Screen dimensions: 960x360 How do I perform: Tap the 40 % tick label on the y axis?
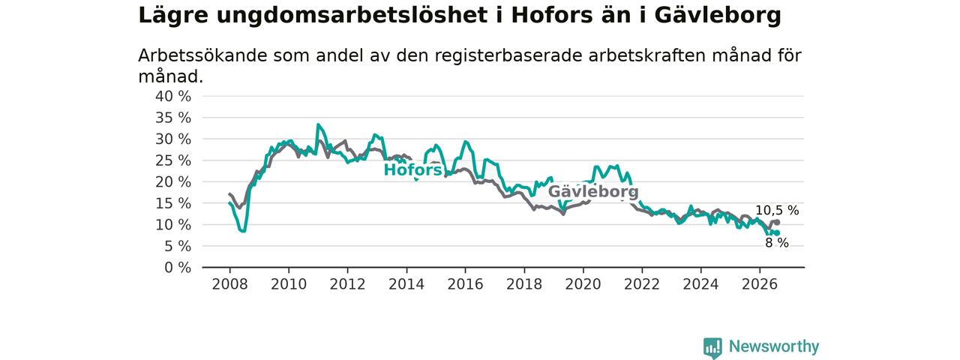click(x=173, y=97)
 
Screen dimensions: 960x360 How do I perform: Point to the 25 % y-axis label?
click(x=173, y=160)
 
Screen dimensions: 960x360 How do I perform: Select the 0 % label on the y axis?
click(x=178, y=268)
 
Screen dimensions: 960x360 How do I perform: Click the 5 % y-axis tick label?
click(x=178, y=246)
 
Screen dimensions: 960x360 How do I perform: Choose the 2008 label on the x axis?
click(x=229, y=284)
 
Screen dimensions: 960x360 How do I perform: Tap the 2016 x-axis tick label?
click(x=466, y=284)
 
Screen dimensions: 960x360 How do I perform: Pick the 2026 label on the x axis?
click(x=760, y=284)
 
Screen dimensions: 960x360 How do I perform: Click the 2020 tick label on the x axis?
click(x=583, y=284)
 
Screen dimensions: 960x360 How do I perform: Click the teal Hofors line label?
click(x=412, y=169)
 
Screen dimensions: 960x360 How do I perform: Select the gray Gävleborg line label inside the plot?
click(x=593, y=191)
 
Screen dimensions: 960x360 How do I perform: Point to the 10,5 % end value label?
click(x=777, y=211)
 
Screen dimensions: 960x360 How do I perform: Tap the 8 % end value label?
click(x=777, y=243)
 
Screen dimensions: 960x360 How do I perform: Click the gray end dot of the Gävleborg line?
click(x=777, y=223)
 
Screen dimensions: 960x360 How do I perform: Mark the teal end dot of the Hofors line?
click(x=777, y=233)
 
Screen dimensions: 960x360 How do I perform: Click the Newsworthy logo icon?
click(x=712, y=347)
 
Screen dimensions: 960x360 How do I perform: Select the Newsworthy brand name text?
click(x=774, y=346)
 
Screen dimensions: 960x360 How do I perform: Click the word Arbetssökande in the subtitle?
click(x=202, y=55)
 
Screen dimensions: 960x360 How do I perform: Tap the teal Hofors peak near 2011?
click(x=318, y=124)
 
